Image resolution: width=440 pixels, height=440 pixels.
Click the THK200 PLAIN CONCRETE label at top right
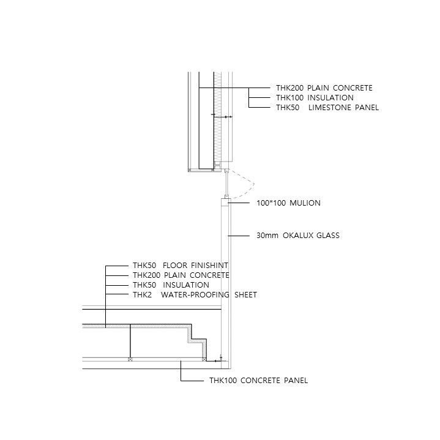[x=324, y=88]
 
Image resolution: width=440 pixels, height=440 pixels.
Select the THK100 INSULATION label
[x=315, y=98]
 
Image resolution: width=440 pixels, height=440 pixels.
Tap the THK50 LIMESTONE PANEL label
[x=327, y=108]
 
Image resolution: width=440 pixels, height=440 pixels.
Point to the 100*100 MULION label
[x=288, y=203]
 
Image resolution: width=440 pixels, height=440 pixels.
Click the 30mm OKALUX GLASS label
[x=298, y=235]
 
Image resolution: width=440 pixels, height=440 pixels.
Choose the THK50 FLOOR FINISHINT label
[x=181, y=265]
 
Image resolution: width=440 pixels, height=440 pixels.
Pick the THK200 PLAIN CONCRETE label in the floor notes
[x=181, y=275]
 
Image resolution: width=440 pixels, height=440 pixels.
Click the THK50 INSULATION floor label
[x=171, y=285]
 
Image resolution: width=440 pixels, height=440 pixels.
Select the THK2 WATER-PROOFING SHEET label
[x=195, y=294]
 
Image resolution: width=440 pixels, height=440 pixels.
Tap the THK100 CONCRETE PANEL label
[x=258, y=380]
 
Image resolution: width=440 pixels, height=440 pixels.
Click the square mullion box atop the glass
[x=226, y=203]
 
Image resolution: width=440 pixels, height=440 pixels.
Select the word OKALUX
[x=298, y=235]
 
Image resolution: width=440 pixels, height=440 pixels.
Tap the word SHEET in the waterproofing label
[x=245, y=294]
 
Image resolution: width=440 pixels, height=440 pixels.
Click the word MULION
[x=305, y=203]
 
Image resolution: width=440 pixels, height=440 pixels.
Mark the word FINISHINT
[x=210, y=265]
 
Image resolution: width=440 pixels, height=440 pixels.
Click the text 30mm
[x=267, y=235]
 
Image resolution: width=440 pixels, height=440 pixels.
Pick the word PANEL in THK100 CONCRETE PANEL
[x=296, y=380]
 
